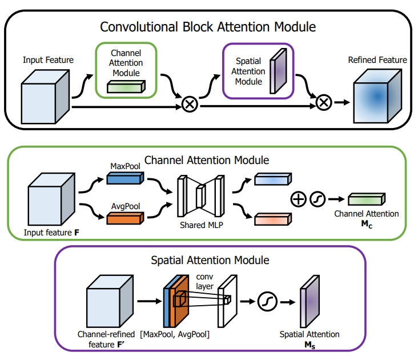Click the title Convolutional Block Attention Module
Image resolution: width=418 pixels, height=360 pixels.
point(208,26)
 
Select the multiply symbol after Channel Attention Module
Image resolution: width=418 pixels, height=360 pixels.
point(189,105)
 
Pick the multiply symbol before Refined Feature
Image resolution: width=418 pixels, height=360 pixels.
point(324,102)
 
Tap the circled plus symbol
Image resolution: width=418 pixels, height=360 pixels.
point(298,199)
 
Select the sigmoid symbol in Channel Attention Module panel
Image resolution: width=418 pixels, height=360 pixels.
point(317,199)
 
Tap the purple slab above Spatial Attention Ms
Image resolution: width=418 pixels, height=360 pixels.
point(308,301)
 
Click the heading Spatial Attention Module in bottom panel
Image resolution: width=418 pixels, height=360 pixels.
point(210,260)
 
